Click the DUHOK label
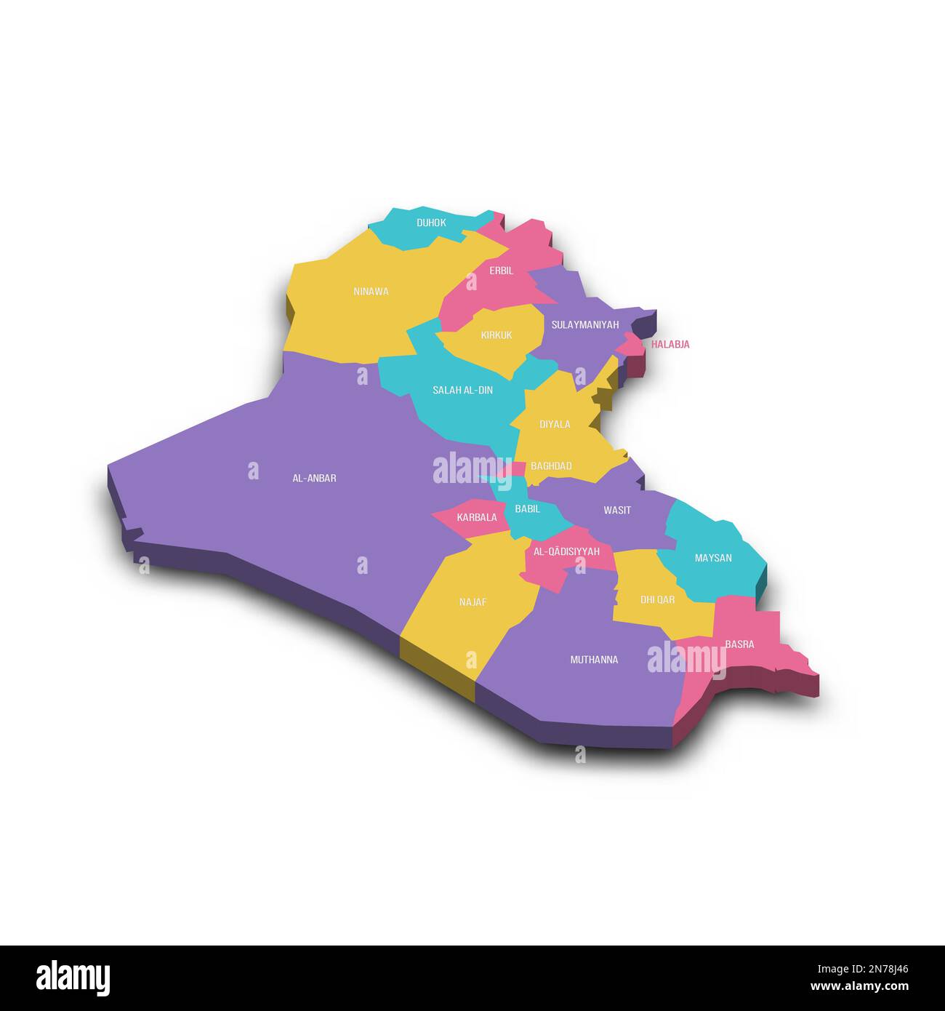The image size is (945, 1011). click(431, 223)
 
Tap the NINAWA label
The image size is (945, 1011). click(371, 292)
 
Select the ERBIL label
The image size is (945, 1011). click(501, 271)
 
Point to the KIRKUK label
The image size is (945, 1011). click(496, 335)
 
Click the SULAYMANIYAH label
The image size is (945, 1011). click(584, 325)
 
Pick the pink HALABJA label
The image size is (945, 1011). click(670, 345)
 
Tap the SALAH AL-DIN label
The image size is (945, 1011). click(462, 391)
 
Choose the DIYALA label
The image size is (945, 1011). click(555, 424)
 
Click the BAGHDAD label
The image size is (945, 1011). click(551, 466)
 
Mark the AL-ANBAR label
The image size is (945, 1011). click(314, 479)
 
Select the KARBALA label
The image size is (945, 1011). click(477, 518)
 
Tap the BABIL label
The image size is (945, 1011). click(527, 509)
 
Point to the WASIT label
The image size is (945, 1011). click(617, 511)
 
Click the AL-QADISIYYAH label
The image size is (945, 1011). click(566, 552)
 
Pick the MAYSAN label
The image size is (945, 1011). click(713, 558)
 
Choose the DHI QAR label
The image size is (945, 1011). click(657, 600)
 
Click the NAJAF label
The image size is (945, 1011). click(472, 602)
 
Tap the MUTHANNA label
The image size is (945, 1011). click(594, 660)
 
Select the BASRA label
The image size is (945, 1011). click(739, 644)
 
